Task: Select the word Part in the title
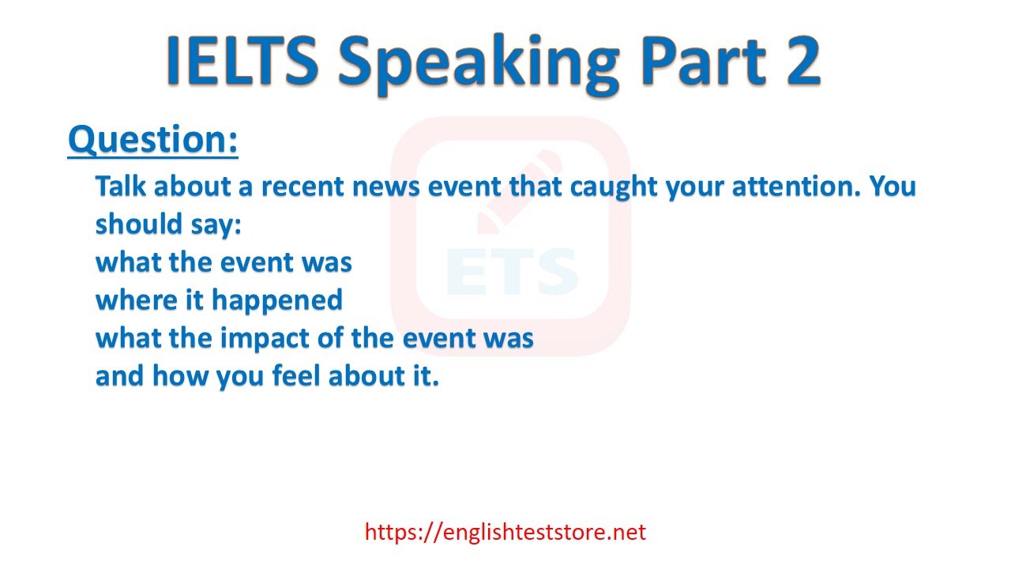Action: click(x=703, y=60)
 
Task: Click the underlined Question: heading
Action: click(x=153, y=140)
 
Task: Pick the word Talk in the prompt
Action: click(x=121, y=186)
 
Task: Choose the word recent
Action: click(x=303, y=187)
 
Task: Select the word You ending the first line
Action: click(x=893, y=186)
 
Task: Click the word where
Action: click(x=137, y=300)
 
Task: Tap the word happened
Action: click(x=277, y=301)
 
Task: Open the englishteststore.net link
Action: click(x=505, y=532)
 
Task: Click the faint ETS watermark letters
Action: click(x=512, y=271)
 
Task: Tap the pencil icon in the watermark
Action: click(x=519, y=192)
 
